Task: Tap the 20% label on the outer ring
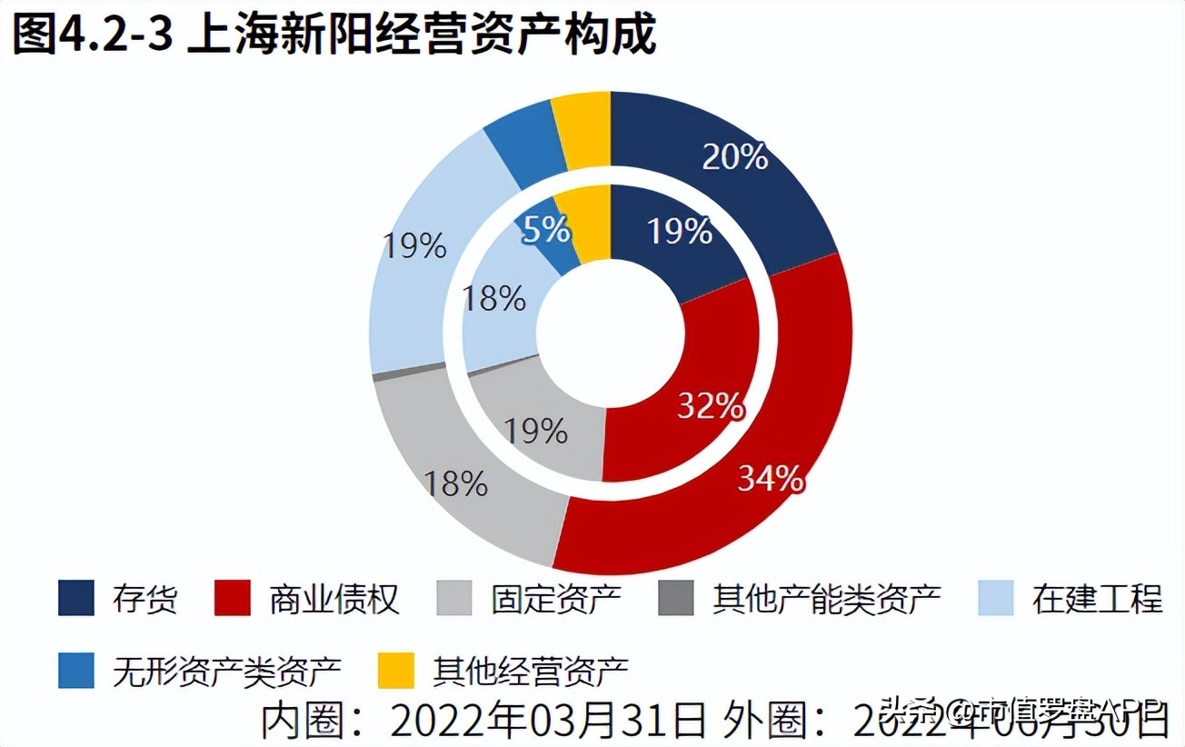click(x=735, y=157)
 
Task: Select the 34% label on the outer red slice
click(x=770, y=478)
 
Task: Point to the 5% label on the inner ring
click(x=546, y=230)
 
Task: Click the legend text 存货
click(x=145, y=599)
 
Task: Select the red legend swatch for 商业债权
click(x=232, y=599)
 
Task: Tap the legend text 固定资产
click(x=555, y=599)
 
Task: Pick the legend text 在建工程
click(x=1097, y=599)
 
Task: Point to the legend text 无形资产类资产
click(x=227, y=672)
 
